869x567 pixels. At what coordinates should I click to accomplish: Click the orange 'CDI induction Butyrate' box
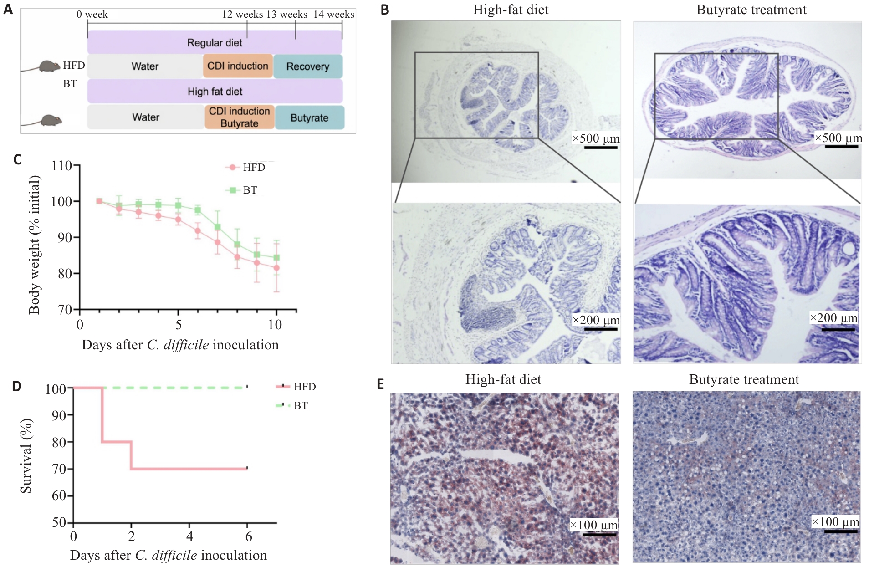(x=240, y=117)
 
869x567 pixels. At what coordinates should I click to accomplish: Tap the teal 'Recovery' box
(x=308, y=66)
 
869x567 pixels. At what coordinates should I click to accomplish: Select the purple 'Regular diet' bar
(x=215, y=42)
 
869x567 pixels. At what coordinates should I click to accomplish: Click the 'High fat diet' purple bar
(x=215, y=91)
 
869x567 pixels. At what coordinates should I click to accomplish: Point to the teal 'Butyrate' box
(x=310, y=117)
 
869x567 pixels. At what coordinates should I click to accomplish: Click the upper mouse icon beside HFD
(x=49, y=66)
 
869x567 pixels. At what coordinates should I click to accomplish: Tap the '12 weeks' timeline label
(x=242, y=14)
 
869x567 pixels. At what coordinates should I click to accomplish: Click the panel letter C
(x=18, y=159)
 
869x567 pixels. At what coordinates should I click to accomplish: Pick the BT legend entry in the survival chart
(x=292, y=405)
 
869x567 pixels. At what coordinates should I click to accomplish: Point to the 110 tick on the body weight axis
(x=62, y=165)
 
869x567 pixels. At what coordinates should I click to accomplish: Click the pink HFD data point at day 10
(x=276, y=268)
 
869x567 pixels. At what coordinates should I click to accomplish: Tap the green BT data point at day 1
(x=99, y=201)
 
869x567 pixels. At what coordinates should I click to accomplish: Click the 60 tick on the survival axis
(x=59, y=495)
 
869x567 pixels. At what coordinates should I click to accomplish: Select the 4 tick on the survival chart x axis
(x=190, y=536)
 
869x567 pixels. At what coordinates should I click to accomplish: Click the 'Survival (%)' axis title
(x=26, y=455)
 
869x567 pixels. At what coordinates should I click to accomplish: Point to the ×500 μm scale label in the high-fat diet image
(x=596, y=138)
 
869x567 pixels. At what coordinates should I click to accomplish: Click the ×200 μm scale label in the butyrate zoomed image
(x=833, y=317)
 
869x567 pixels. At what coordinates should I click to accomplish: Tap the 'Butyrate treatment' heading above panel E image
(x=744, y=379)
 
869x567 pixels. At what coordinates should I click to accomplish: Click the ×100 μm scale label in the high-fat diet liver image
(x=594, y=525)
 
